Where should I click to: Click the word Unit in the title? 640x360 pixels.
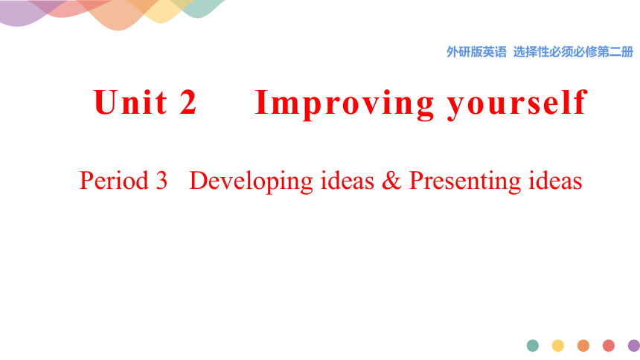(130, 102)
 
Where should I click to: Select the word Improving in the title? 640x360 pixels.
(345, 104)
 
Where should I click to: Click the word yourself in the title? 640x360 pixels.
(517, 104)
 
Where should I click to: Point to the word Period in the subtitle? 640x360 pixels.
(114, 181)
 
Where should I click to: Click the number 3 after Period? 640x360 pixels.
(161, 181)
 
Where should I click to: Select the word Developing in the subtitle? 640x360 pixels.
(251, 182)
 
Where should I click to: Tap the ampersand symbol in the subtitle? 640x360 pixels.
(391, 181)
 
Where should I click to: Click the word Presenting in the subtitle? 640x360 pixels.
(465, 182)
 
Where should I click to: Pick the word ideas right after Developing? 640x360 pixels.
(348, 181)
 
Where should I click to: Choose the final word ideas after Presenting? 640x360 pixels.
(555, 181)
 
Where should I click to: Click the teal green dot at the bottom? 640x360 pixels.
(533, 346)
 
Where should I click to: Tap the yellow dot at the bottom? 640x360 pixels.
(558, 346)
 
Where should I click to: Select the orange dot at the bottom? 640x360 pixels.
(583, 346)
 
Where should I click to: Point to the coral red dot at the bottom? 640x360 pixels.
(609, 346)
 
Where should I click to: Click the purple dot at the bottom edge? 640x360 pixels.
(634, 346)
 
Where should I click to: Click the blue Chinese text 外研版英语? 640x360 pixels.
(476, 52)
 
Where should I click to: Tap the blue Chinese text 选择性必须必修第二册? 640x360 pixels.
(574, 52)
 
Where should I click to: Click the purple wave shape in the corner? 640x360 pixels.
(20, 14)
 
